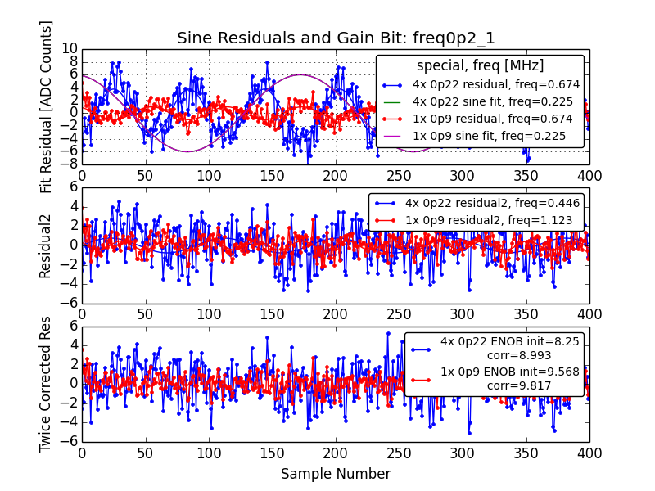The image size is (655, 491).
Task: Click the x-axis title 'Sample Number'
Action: [x=336, y=474]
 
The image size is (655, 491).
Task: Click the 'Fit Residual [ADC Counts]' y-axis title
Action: [x=47, y=106]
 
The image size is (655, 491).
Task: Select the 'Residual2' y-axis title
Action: [x=47, y=245]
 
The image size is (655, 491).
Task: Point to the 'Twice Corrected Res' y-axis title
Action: [x=47, y=383]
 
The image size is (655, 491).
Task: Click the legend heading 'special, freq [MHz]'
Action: [x=480, y=65]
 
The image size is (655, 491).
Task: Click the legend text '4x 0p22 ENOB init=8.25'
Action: [x=499, y=341]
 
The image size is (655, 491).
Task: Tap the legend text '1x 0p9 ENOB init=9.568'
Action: [x=499, y=372]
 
